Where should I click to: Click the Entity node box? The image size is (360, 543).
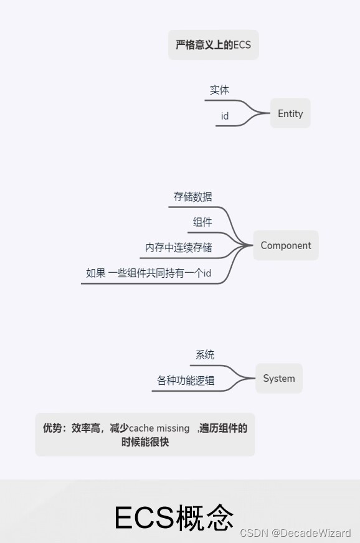tap(290, 114)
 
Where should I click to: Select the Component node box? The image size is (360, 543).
tap(285, 245)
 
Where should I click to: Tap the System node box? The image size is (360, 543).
tap(278, 379)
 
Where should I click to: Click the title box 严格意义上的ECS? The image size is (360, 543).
tap(213, 45)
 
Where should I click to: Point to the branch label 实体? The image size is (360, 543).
tap(219, 90)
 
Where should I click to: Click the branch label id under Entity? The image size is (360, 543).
tap(225, 116)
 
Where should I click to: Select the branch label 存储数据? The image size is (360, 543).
tap(193, 197)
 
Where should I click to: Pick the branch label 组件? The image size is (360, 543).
tap(202, 222)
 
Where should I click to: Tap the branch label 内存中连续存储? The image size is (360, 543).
tap(179, 248)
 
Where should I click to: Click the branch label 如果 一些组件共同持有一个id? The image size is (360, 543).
tap(149, 273)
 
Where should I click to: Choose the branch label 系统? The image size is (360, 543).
tap(205, 355)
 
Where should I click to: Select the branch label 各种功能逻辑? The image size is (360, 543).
tap(186, 380)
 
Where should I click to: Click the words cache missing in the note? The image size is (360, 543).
tap(159, 428)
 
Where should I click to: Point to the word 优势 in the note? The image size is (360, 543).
tap(52, 428)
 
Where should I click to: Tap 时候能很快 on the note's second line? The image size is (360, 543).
tap(145, 443)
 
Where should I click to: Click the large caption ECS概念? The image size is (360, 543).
tap(174, 517)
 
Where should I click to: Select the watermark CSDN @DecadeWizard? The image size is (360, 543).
tap(295, 533)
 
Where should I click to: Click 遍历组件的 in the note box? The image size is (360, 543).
tap(223, 428)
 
